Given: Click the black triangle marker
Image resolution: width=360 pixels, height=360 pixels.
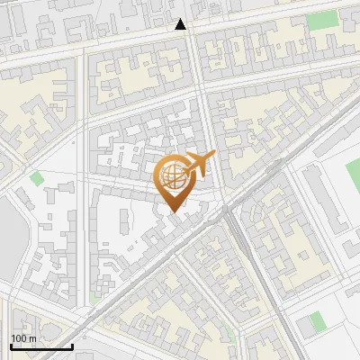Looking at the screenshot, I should pos(181,24).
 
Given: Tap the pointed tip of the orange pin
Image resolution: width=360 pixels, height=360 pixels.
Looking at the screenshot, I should pos(173,211).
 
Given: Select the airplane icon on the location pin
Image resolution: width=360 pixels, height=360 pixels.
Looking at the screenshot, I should pos(199,164).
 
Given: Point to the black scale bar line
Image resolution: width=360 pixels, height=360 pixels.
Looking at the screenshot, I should pos(41,346).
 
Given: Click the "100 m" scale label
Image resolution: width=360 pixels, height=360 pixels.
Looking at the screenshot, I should pos(23,338).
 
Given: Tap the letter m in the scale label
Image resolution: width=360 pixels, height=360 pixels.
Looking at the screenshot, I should pos(32,338).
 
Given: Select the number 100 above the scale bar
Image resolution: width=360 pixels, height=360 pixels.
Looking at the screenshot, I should pos(19,338).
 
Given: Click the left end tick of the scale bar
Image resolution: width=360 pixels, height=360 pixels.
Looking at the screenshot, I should pos(11,345).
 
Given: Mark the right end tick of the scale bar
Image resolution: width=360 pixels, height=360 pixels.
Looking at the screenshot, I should pos(72,345).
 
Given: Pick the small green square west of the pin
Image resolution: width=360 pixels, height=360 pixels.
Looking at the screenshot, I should pos(37,177).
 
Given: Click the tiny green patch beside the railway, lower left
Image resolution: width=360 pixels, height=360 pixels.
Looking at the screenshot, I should pos(94,296).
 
